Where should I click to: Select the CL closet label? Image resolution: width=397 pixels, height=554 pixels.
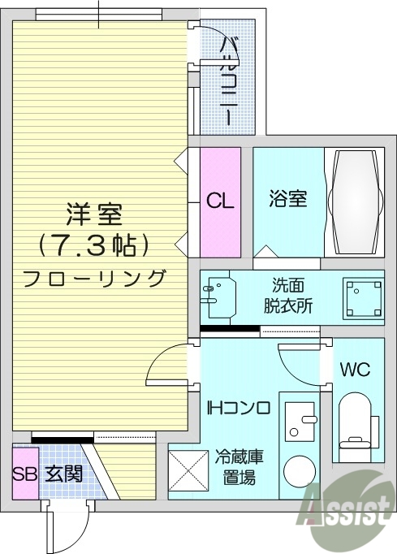220,201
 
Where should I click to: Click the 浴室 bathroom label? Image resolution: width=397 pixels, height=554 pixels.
288,197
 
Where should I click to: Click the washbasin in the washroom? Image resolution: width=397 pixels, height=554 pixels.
220,297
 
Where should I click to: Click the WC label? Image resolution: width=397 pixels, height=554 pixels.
355,370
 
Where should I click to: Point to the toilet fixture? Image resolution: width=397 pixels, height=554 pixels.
356,418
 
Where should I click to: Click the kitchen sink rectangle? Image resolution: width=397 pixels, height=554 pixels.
300,418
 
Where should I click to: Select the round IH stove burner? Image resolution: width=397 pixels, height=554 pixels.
301,470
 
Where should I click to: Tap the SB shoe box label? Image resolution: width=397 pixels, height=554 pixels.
24,473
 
